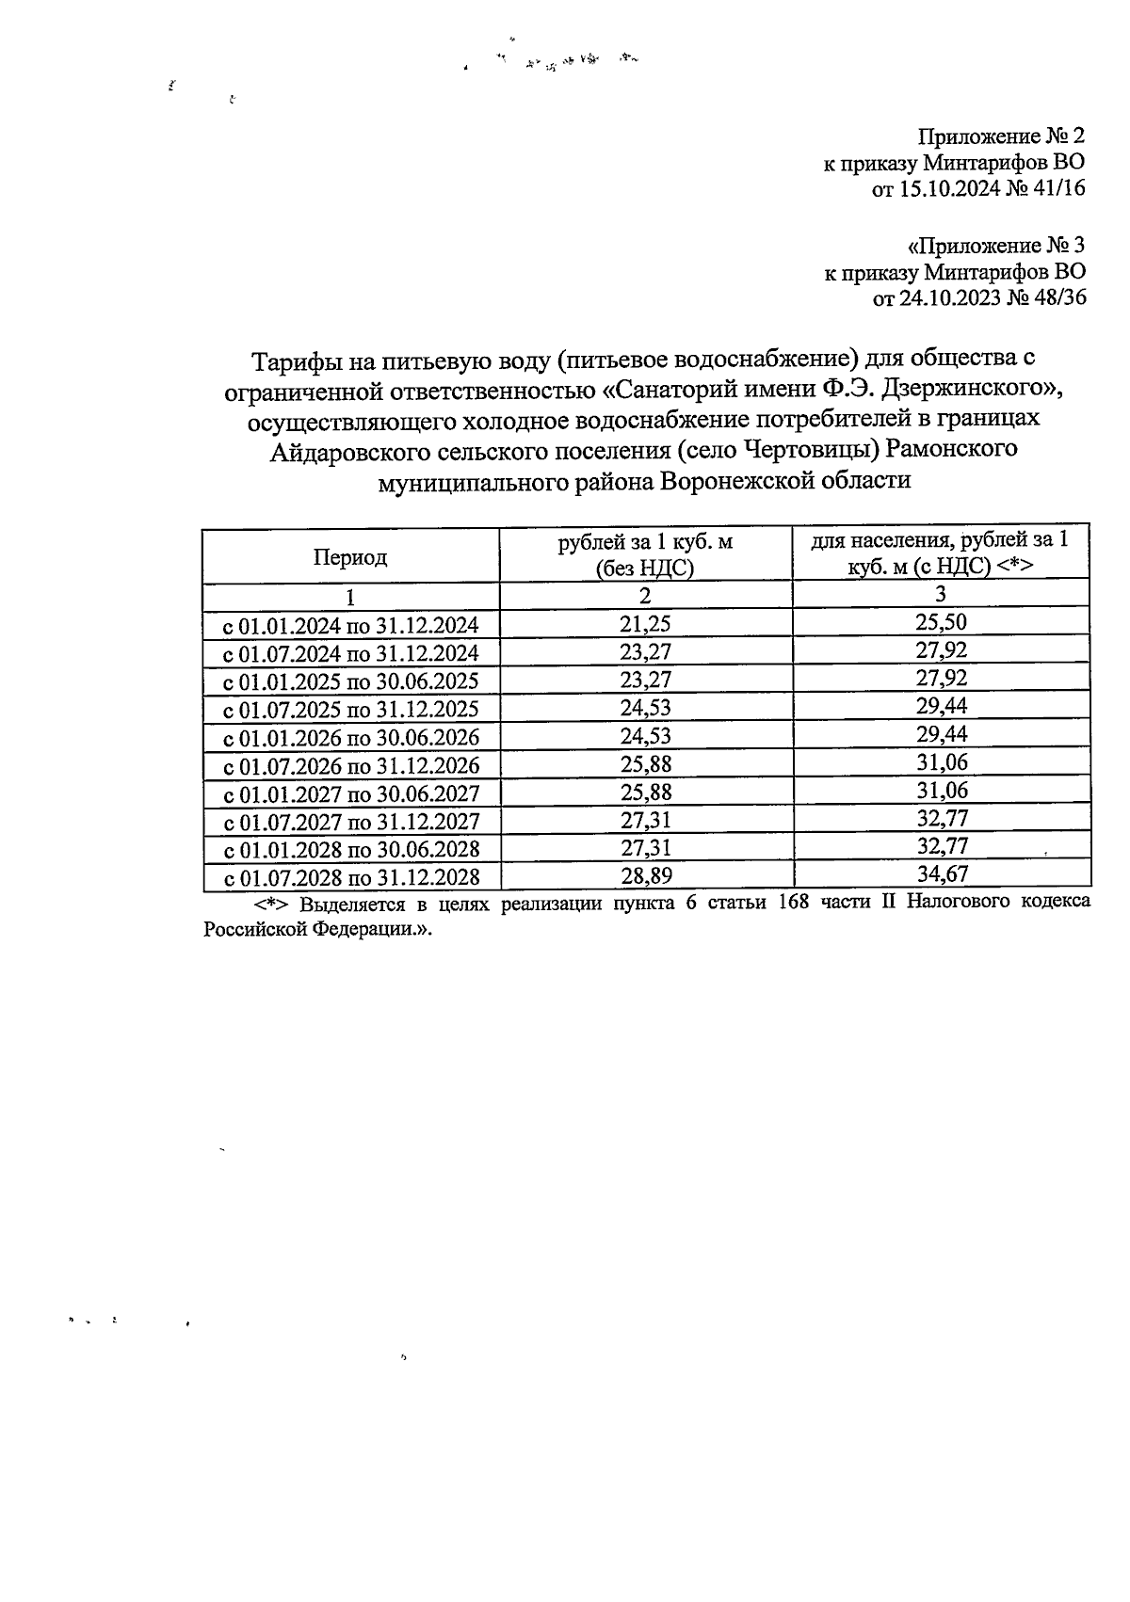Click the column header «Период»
pos(350,557)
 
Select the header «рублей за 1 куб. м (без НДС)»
pos(645,555)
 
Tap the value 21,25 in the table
pos(645,623)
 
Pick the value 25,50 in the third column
pos(942,621)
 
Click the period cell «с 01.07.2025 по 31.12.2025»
pos(350,709)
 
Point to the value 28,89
pos(645,876)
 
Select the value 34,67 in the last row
pos(942,874)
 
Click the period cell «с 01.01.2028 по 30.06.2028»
pos(350,850)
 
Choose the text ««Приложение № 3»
pos(996,247)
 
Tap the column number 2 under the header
pos(645,596)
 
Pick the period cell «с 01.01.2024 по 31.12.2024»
pos(350,625)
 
